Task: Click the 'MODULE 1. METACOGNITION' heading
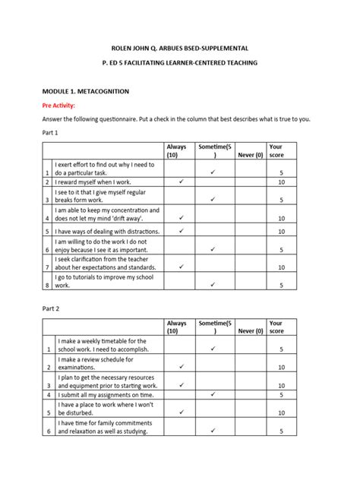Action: coord(86,90)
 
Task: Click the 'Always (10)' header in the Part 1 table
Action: coord(176,150)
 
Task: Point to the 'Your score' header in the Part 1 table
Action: coord(276,150)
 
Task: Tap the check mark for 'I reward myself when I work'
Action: coord(182,182)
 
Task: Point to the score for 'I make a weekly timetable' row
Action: coord(281,349)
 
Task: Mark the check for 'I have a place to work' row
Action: coord(182,412)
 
